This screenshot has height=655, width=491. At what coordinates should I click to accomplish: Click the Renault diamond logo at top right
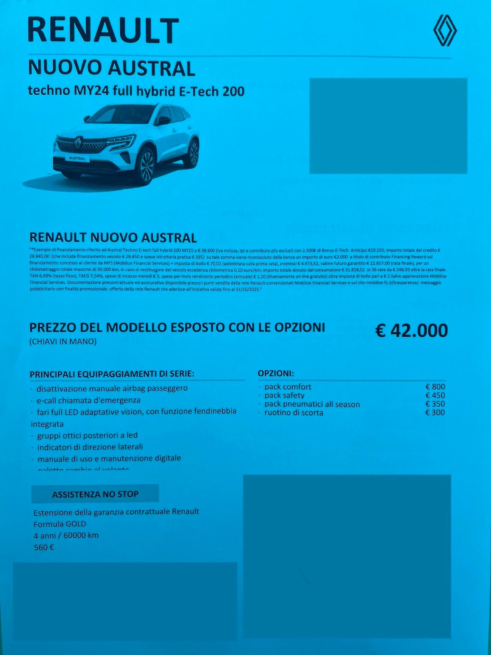[x=445, y=30]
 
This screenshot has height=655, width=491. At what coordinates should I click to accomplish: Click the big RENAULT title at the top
[x=103, y=31]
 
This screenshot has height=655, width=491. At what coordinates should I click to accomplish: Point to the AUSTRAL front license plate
[x=77, y=158]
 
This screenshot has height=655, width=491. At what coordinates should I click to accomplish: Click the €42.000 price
[x=411, y=331]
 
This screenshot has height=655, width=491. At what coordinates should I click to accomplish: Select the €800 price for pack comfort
[x=435, y=387]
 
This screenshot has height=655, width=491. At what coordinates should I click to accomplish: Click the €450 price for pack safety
[x=435, y=395]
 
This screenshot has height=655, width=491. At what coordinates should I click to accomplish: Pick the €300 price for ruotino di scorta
[x=435, y=412]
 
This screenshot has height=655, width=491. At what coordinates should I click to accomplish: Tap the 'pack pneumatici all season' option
[x=312, y=404]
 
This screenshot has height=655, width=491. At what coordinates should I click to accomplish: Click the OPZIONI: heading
[x=276, y=373]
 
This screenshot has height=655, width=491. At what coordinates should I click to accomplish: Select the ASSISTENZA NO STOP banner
[x=95, y=494]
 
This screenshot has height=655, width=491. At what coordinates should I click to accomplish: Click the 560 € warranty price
[x=44, y=548]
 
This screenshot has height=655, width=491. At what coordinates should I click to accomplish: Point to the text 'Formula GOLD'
[x=60, y=524]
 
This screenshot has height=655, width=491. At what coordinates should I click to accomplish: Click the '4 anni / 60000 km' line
[x=66, y=535]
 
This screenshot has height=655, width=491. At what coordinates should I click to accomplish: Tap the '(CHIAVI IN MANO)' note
[x=63, y=342]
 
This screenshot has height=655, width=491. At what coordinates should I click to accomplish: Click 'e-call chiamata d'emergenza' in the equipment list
[x=88, y=400]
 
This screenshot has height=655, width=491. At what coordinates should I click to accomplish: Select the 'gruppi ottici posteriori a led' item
[x=87, y=436]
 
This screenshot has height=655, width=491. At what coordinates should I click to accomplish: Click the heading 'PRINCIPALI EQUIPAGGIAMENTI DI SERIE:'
[x=112, y=374]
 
